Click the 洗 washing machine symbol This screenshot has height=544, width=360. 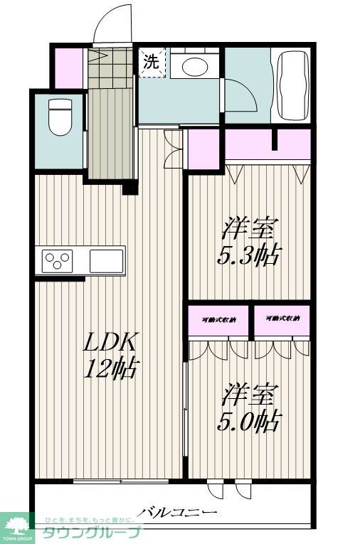(x=152, y=62)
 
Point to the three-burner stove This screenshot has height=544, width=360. (x=56, y=260)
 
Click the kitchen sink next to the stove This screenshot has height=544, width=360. (x=106, y=260)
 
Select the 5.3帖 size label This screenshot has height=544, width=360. (x=248, y=255)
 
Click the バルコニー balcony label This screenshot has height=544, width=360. (x=177, y=512)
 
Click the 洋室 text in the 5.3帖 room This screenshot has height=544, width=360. (x=248, y=229)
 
